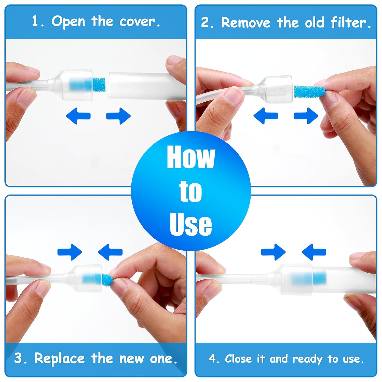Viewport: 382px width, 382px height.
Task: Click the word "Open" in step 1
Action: (69, 21)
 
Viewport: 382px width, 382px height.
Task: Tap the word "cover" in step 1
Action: (138, 21)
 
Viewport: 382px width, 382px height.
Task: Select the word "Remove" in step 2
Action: (246, 22)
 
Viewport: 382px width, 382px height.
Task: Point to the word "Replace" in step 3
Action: (59, 358)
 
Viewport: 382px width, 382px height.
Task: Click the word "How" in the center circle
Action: (191, 157)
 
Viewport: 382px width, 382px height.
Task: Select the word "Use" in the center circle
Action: (191, 224)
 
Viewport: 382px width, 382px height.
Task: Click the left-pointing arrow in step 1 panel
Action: (78, 116)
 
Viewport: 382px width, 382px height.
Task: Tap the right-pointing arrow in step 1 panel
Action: (118, 116)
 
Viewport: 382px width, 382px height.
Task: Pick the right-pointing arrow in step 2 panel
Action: (306, 116)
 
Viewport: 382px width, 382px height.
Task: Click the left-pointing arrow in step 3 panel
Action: (110, 252)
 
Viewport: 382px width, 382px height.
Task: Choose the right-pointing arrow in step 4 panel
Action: (273, 252)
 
